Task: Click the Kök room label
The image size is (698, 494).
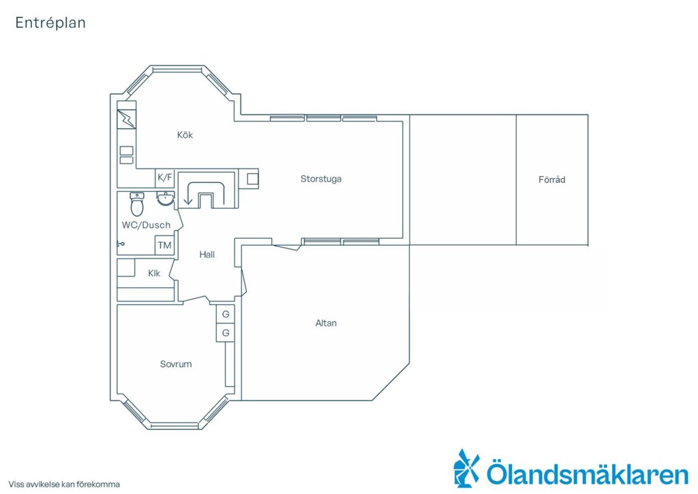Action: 185,135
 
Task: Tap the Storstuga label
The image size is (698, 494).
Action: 321,179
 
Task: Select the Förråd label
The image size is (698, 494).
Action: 551,179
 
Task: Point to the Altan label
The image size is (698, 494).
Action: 326,323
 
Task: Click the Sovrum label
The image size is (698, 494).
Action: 176,364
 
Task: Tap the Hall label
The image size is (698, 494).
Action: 207,255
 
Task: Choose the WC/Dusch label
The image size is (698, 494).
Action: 146,225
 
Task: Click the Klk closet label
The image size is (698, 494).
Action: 154,273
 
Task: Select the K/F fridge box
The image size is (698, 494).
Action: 164,177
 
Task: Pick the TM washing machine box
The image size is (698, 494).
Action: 164,245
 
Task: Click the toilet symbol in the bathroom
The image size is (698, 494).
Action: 136,204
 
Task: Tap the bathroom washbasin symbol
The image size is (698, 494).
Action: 166,199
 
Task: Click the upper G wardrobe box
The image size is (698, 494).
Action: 226,314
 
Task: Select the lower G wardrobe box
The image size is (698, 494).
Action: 226,333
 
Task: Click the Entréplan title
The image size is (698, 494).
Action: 50,23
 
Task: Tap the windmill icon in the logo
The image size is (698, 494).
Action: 466,467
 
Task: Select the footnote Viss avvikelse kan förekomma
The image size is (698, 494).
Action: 64,484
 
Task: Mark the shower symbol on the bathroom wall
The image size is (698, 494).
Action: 121,244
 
